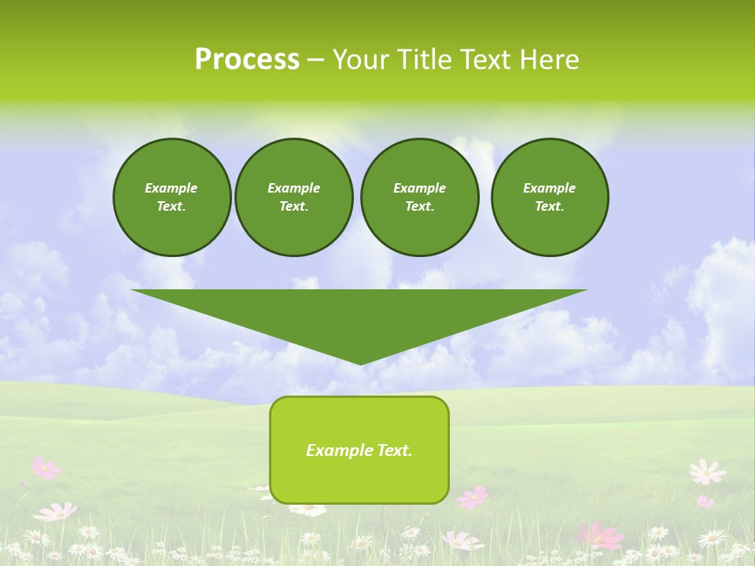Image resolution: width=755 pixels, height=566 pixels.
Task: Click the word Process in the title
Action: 247,59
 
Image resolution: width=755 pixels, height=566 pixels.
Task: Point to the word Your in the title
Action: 361,59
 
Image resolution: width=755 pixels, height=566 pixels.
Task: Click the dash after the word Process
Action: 315,60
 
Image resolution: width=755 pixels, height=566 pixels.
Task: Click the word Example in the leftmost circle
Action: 171,188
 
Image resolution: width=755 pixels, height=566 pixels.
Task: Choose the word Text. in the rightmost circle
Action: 550,207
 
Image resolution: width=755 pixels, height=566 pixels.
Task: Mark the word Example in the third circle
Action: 419,188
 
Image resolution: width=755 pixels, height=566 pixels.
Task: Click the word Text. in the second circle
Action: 294,207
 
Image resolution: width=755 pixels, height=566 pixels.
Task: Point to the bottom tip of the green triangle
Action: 360,364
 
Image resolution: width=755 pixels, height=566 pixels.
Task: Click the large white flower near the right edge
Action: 706,472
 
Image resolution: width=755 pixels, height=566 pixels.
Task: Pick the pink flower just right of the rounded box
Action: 473,497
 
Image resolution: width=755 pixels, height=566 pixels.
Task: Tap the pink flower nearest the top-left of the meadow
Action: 45,468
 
